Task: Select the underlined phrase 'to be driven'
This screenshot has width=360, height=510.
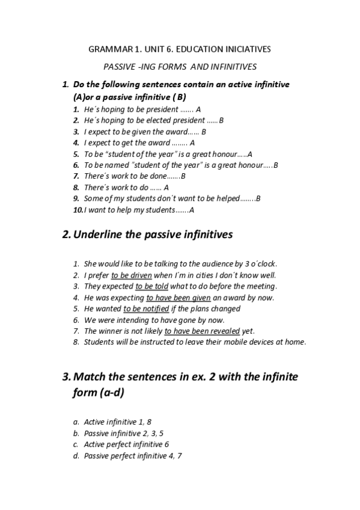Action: point(132,275)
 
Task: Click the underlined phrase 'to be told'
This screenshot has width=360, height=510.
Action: point(152,286)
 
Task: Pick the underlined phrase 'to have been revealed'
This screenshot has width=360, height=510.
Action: point(202,331)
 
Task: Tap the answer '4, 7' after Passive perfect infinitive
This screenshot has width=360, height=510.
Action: point(175,456)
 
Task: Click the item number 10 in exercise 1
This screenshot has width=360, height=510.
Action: point(78,209)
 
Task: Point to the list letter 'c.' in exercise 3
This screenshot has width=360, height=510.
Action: point(76,444)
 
